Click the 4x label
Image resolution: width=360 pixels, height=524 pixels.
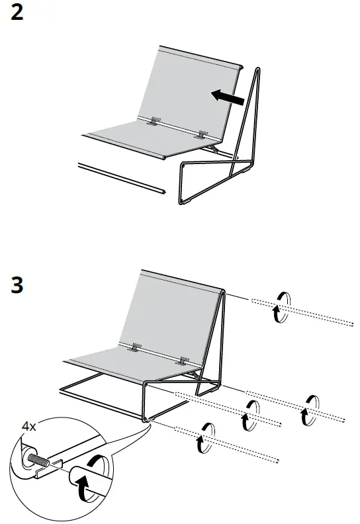tap(29, 427)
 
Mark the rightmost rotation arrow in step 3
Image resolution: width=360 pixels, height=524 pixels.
tap(311, 408)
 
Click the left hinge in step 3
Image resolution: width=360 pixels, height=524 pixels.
tap(136, 347)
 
